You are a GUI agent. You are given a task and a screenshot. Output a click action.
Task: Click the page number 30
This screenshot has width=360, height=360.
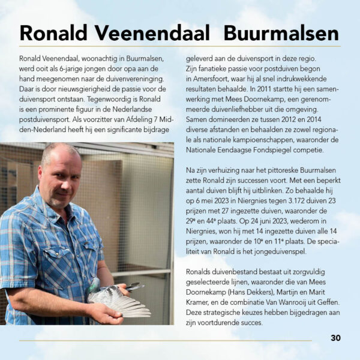point(335,338)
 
